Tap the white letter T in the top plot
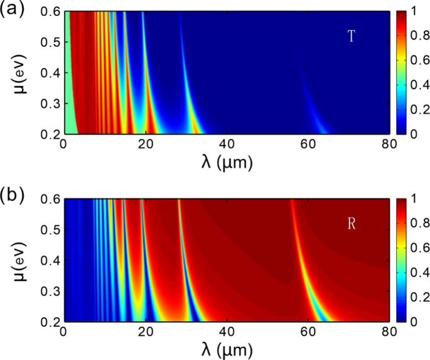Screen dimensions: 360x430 [352, 37]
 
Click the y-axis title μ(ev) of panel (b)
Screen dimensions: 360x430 [13, 260]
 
